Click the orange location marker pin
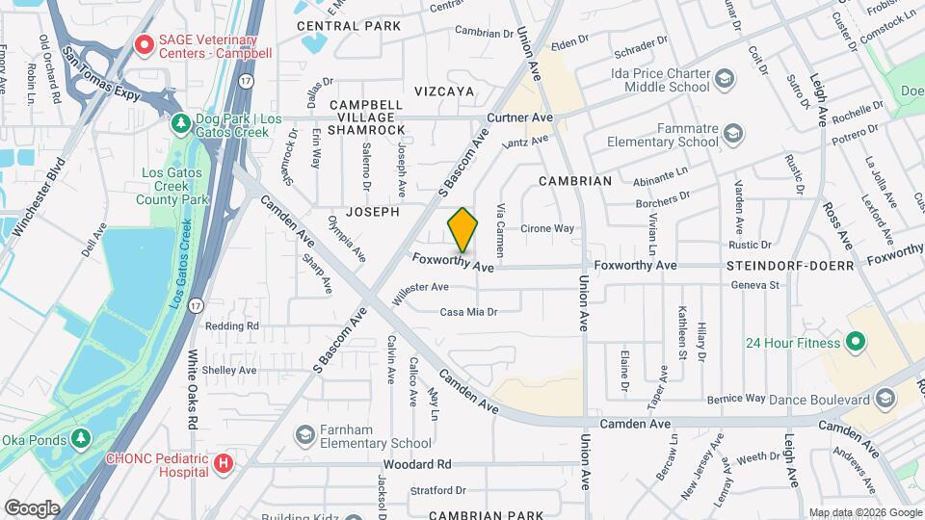coord(462,230)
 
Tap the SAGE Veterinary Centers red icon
coord(145,44)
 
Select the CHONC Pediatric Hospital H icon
coord(225,464)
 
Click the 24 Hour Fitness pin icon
coord(854,343)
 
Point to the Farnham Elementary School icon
coord(306,435)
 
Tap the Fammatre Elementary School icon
coord(732,134)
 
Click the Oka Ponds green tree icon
coord(82,440)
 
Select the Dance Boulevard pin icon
coord(885,399)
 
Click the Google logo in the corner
coord(32,507)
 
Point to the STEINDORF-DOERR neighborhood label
coord(792,265)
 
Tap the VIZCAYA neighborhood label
coord(444,91)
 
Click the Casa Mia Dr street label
coord(468,312)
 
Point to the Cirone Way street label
coord(547,229)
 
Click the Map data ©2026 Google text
coord(863,512)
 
